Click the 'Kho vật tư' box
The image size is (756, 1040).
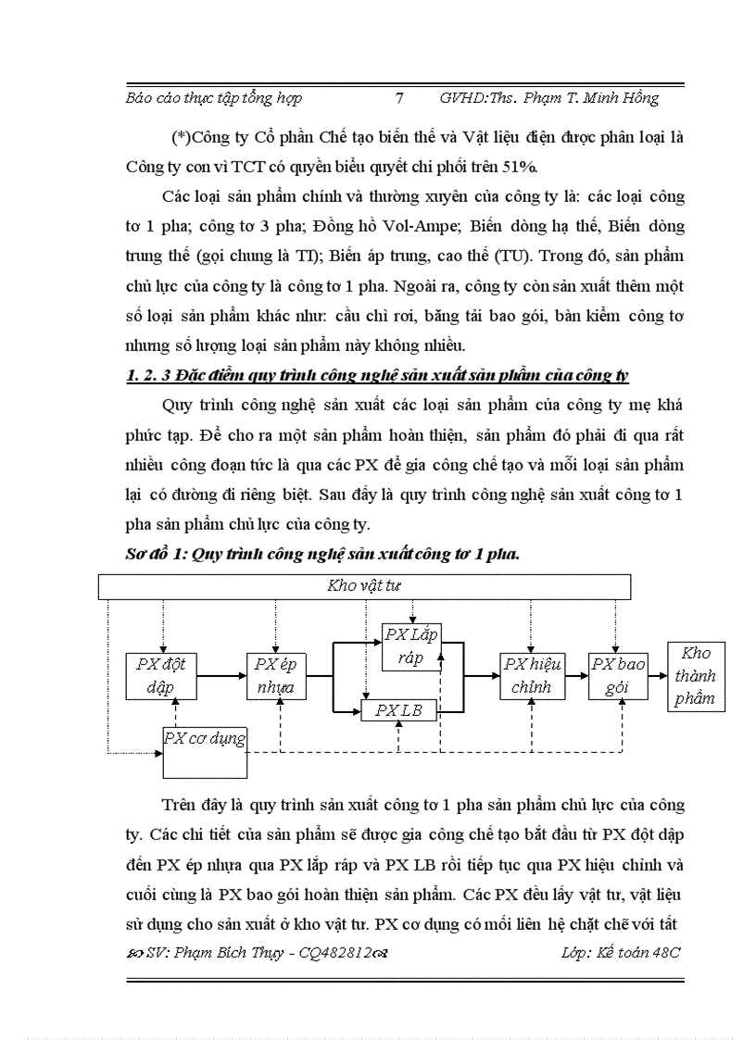[364, 586]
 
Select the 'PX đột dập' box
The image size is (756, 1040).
[161, 676]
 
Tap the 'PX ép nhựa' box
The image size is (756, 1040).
[275, 676]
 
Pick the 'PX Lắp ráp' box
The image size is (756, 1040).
[410, 645]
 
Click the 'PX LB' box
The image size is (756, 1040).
[397, 711]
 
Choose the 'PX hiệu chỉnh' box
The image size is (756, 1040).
[530, 676]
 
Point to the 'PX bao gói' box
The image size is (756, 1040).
[618, 676]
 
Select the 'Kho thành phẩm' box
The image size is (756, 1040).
[696, 676]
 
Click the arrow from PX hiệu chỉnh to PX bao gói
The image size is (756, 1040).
[574, 676]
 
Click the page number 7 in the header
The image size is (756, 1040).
[398, 97]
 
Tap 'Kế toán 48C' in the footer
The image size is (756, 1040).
[637, 953]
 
